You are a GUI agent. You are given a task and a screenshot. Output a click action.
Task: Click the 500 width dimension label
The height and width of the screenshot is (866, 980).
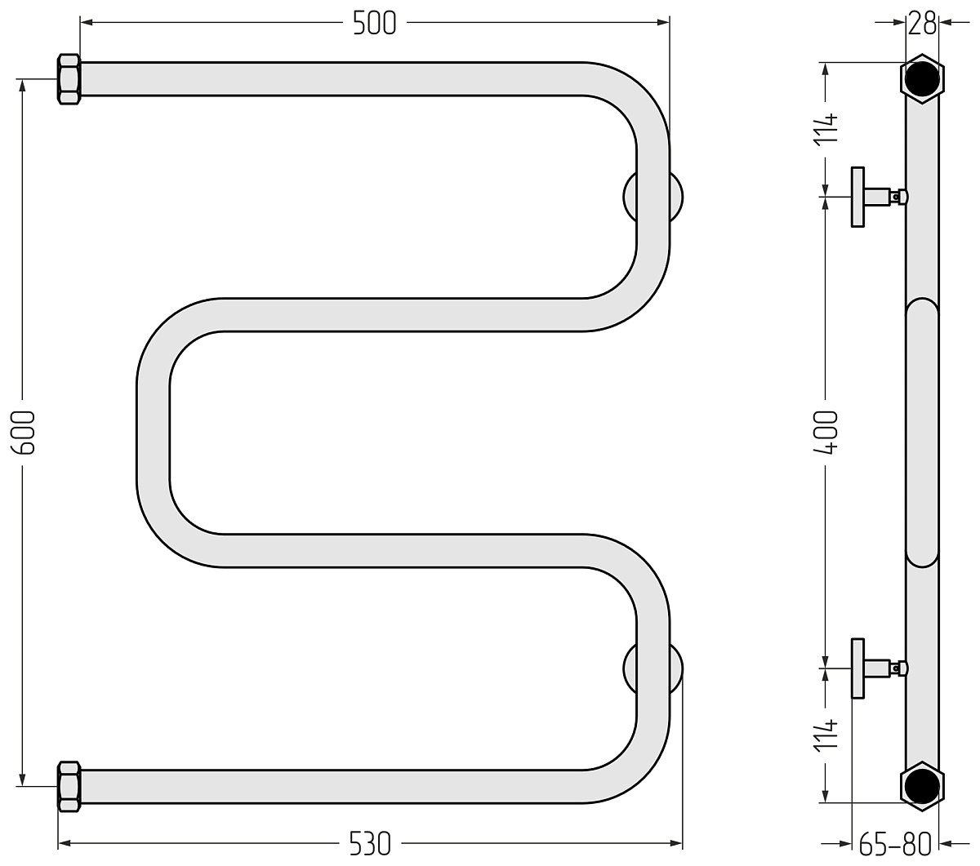374,23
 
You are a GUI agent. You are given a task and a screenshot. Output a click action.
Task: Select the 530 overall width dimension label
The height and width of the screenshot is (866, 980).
370,844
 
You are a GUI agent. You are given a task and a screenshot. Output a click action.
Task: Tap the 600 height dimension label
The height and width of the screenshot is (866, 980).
23,433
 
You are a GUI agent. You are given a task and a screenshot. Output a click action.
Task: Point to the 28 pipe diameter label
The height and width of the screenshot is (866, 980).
922,23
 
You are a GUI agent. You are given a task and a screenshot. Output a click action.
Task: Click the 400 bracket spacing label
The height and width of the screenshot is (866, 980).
825,433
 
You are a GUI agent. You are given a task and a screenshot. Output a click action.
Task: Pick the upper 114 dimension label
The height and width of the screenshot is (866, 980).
825,128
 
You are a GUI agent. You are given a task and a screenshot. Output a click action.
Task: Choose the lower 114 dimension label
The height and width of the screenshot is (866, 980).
825,736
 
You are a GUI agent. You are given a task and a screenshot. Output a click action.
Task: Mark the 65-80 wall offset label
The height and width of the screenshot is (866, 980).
895,844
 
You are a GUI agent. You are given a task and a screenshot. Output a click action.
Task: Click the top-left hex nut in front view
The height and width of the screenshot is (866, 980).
69,79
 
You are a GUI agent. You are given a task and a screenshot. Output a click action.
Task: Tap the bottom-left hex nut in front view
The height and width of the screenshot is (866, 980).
69,787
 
